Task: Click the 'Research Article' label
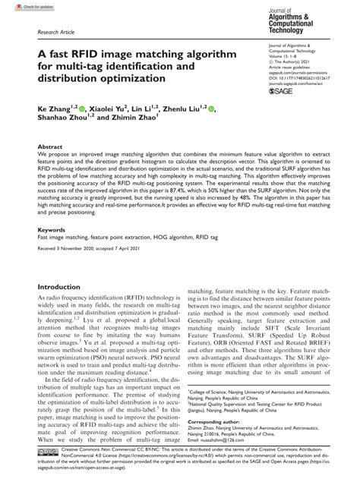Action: coord(56,34)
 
